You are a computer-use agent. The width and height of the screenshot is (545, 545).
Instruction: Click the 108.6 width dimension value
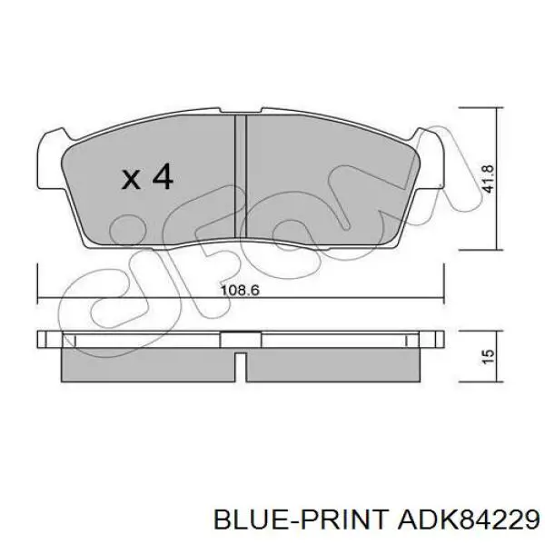point(240,290)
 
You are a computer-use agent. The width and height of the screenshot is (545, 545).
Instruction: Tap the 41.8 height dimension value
point(488,179)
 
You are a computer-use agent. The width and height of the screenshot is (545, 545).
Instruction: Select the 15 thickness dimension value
point(488,356)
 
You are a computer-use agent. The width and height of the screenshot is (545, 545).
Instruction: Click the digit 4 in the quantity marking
point(163,176)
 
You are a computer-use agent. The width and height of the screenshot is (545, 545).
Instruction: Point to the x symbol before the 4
point(131,180)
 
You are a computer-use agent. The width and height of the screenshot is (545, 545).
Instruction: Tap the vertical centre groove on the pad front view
point(241,176)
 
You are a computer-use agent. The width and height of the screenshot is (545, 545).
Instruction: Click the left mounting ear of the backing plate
point(50,160)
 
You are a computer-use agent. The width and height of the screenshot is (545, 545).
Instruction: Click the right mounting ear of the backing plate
point(430,159)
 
